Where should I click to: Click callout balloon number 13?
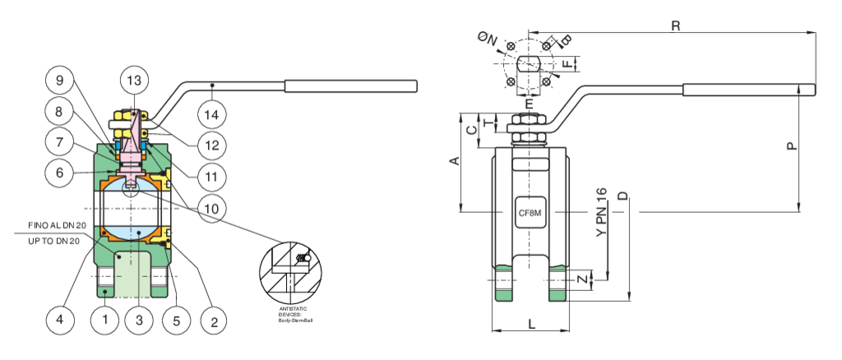[133, 80]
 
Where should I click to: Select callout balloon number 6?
[59, 173]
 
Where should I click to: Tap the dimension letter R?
[675, 25]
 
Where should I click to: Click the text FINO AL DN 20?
[58, 224]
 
